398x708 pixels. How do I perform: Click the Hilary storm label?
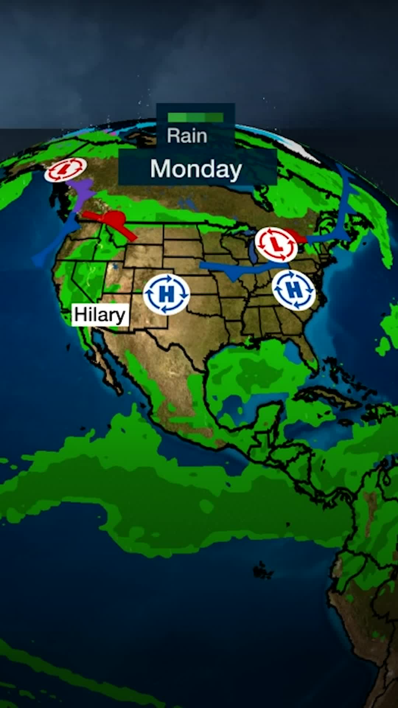click(100, 315)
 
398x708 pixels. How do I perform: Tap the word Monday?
click(196, 169)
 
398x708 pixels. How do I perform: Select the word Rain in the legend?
click(187, 136)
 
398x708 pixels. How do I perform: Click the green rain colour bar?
click(195, 117)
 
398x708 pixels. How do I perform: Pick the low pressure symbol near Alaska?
click(66, 170)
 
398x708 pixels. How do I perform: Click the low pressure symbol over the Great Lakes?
click(276, 244)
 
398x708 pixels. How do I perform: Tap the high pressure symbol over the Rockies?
click(166, 294)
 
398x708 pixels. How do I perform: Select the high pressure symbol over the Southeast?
click(294, 290)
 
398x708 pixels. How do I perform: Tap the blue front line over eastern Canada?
click(345, 210)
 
